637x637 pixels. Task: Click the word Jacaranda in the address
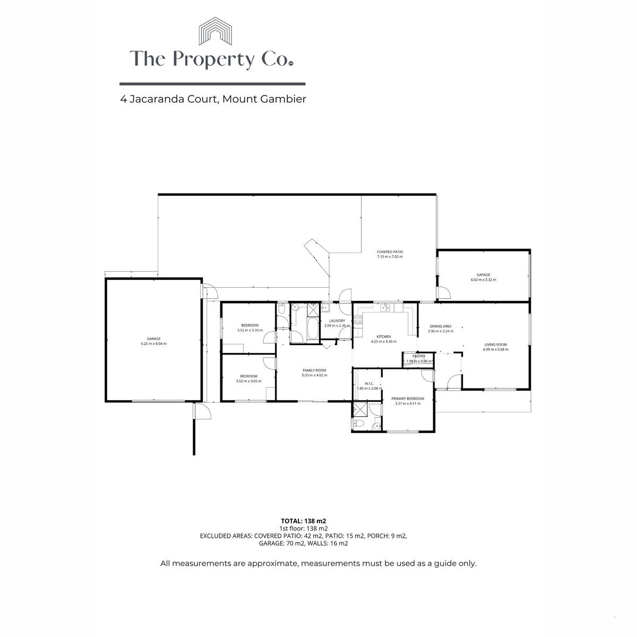(x=162, y=99)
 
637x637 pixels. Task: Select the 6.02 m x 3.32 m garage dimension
(x=483, y=280)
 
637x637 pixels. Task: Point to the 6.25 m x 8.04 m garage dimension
(x=153, y=343)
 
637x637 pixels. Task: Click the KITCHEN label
(x=383, y=337)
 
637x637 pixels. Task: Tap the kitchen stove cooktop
(x=358, y=320)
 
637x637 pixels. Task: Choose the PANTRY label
(x=419, y=356)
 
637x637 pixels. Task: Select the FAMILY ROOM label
(x=314, y=370)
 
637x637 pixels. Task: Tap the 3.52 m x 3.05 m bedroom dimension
(x=248, y=381)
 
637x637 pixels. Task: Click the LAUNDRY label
(x=337, y=321)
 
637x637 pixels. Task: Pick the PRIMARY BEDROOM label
(x=408, y=398)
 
